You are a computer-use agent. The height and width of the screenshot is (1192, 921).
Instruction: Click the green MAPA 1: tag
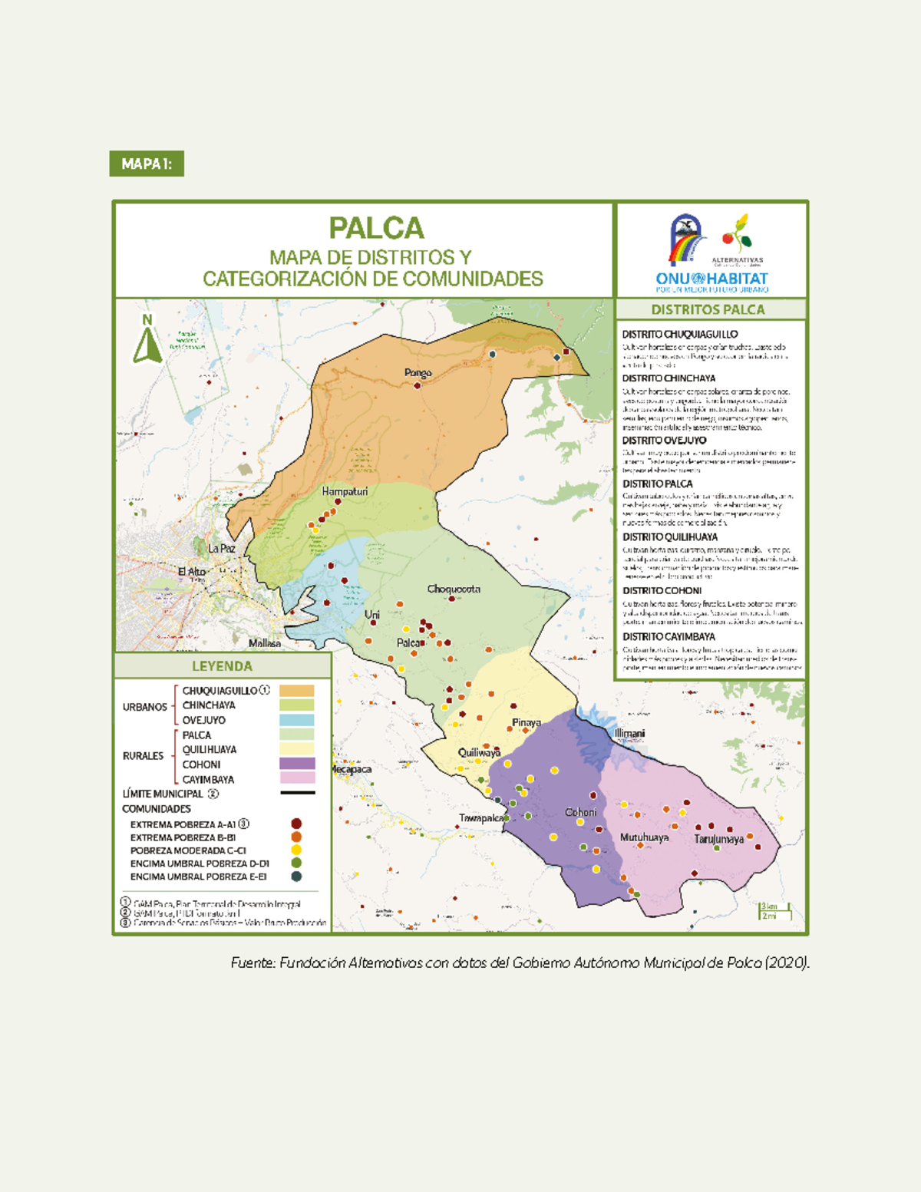tap(147, 163)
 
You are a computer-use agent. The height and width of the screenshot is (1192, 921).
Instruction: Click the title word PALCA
tap(376, 228)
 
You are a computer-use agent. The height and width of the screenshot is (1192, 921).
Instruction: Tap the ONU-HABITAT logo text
tap(711, 279)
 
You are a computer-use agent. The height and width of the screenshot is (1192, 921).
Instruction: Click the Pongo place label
tap(418, 373)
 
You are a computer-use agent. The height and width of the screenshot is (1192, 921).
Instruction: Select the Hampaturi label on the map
tap(345, 491)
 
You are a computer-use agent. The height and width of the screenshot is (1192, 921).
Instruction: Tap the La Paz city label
tap(222, 548)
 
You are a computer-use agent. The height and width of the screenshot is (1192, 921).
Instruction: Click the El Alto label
tap(192, 572)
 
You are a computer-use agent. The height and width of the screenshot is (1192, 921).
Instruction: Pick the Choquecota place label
tap(454, 589)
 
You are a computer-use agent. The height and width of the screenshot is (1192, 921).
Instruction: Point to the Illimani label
tap(629, 733)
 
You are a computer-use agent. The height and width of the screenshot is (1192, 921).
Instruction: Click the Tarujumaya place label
tap(719, 839)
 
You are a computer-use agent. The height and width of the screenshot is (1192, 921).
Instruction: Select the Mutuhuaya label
tap(644, 837)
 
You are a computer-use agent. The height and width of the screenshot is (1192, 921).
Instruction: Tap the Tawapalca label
tap(481, 818)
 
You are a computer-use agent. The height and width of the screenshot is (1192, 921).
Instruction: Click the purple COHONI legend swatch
tap(297, 764)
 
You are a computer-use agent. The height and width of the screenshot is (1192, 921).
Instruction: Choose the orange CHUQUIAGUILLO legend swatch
tap(297, 691)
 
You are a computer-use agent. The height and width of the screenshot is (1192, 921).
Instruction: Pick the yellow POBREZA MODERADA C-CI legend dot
tap(296, 850)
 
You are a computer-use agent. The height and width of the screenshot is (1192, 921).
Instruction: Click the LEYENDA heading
tap(222, 666)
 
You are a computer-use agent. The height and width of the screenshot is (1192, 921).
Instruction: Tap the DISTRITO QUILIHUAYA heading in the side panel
tap(670, 537)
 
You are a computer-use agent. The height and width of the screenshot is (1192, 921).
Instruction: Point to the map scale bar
tap(774, 911)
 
